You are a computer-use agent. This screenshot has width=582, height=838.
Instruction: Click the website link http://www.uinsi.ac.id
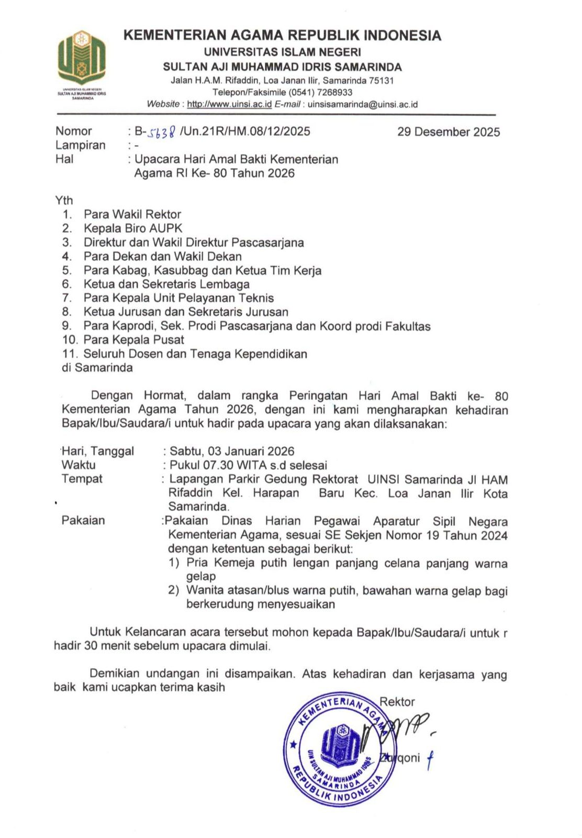coord(229,104)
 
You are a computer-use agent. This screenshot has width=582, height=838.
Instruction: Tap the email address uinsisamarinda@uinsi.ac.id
coord(362,104)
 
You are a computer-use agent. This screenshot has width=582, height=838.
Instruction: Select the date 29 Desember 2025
coord(448,132)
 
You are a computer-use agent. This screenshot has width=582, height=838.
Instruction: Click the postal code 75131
coord(381,81)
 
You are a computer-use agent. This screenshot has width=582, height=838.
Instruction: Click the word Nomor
coord(74,131)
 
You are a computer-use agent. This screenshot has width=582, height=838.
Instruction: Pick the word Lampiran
coord(81,145)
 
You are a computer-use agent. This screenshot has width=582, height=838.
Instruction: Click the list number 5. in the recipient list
coord(66,270)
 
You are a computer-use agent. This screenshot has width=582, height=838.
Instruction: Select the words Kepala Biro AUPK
coord(133,228)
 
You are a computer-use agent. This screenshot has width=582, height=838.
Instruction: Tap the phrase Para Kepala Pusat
coord(134,339)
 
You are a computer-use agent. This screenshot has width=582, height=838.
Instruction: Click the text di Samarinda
coord(97,368)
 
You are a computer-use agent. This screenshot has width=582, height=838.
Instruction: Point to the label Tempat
coord(82,479)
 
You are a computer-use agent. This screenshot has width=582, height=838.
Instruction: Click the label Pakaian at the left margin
coord(83,520)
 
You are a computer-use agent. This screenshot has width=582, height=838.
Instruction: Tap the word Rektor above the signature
coord(397,702)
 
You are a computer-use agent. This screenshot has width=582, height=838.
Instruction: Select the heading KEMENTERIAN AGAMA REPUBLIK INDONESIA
coord(282,36)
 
